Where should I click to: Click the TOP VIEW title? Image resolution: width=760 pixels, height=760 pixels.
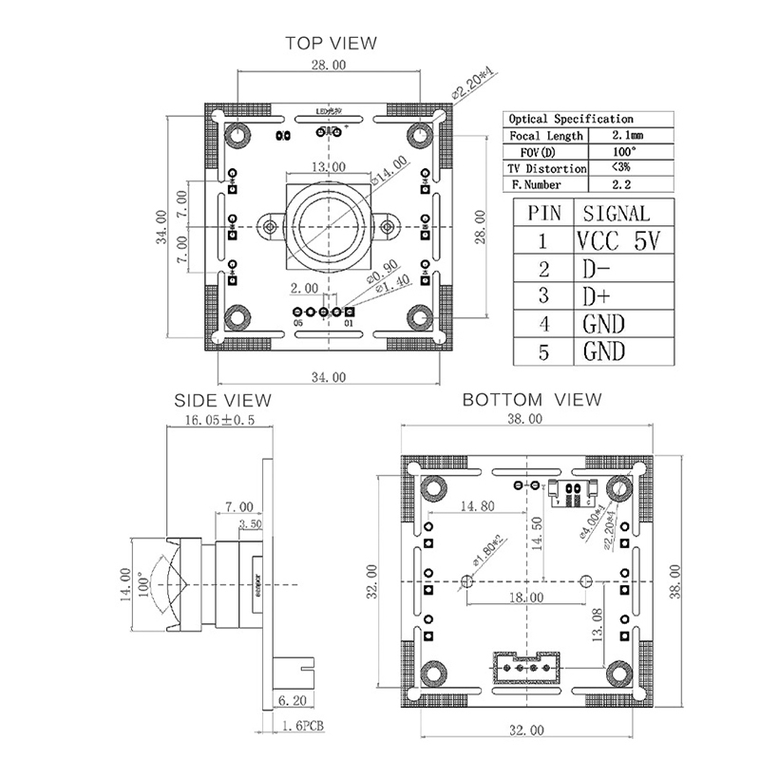(331, 42)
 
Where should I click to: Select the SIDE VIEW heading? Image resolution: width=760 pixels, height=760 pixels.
(221, 401)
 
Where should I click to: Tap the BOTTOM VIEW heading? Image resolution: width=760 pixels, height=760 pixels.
(531, 400)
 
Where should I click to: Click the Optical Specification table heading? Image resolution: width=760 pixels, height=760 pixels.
(571, 119)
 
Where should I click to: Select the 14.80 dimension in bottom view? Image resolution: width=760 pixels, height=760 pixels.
(474, 506)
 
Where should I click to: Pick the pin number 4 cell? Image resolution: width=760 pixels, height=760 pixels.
(543, 324)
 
